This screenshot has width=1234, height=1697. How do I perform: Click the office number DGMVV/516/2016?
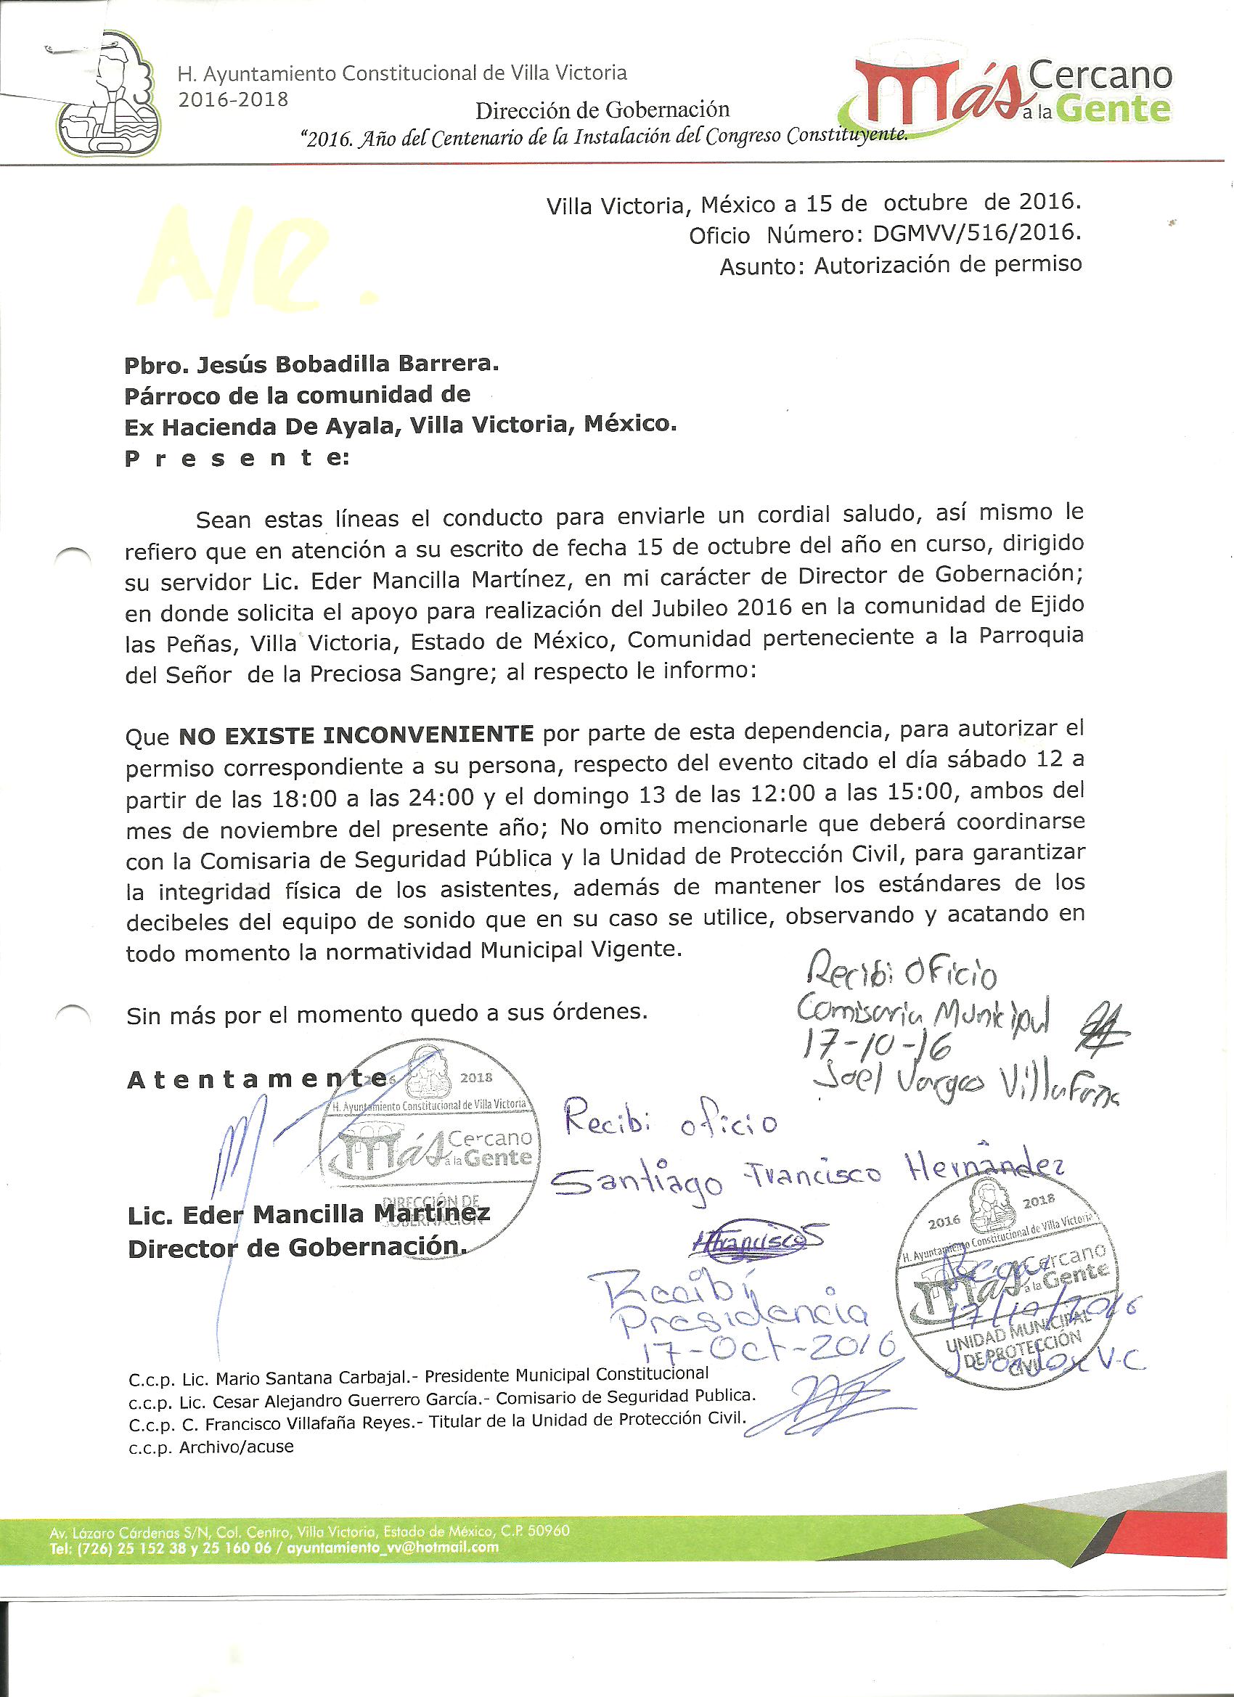point(976,234)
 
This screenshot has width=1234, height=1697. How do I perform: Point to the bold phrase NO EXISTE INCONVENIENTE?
point(356,735)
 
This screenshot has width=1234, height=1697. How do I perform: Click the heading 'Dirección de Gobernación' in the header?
point(602,110)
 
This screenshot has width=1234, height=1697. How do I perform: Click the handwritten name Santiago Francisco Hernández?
point(808,1179)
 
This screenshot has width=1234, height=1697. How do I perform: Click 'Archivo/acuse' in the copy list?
point(237,1447)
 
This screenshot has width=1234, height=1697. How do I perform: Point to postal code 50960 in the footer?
point(549,1530)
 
